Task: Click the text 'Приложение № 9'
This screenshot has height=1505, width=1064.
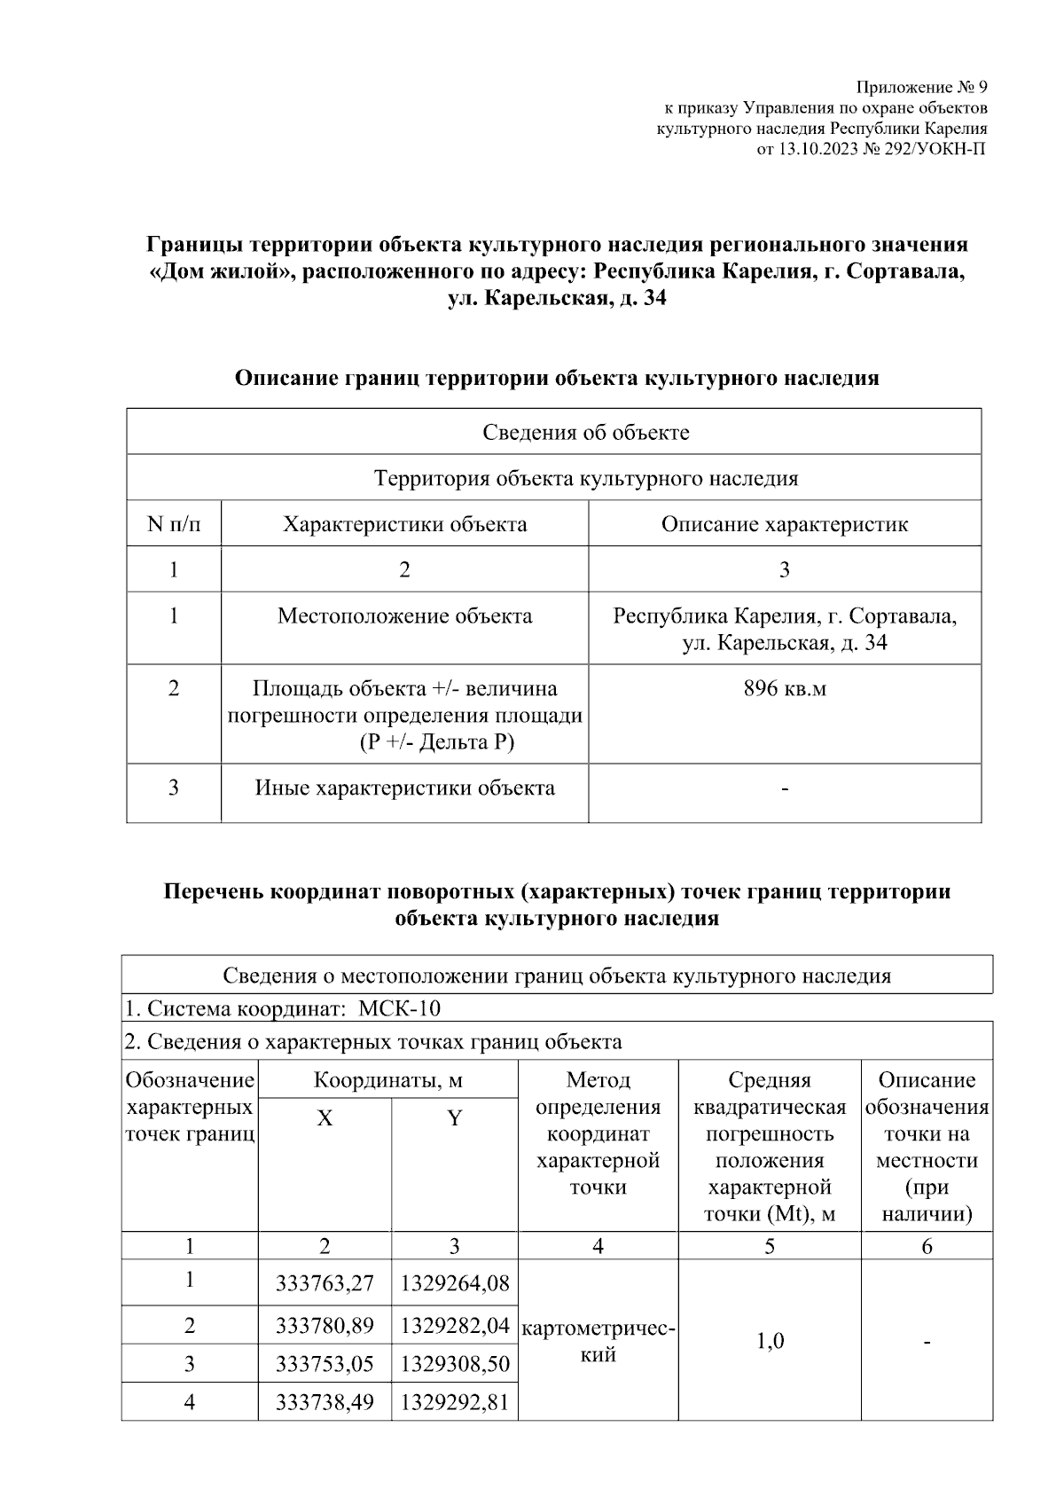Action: click(x=921, y=88)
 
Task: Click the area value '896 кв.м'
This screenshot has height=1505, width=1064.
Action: click(x=785, y=688)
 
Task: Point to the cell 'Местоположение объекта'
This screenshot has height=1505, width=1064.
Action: click(x=404, y=615)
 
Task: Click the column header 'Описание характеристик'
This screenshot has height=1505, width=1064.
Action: click(x=785, y=524)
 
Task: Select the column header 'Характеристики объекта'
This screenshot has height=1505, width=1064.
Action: click(x=404, y=524)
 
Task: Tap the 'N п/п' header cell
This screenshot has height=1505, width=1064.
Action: click(x=174, y=524)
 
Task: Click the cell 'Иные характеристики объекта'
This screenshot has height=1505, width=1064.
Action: click(x=404, y=788)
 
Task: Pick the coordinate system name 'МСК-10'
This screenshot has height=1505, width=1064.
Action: click(x=400, y=1008)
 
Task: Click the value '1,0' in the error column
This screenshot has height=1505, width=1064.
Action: click(x=770, y=1340)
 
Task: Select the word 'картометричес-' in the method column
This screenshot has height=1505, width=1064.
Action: click(x=598, y=1329)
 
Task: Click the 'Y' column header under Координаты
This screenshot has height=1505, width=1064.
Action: click(x=454, y=1118)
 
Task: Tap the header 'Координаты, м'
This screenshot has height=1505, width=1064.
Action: click(x=387, y=1080)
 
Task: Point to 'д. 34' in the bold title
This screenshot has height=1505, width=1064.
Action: click(x=642, y=299)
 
